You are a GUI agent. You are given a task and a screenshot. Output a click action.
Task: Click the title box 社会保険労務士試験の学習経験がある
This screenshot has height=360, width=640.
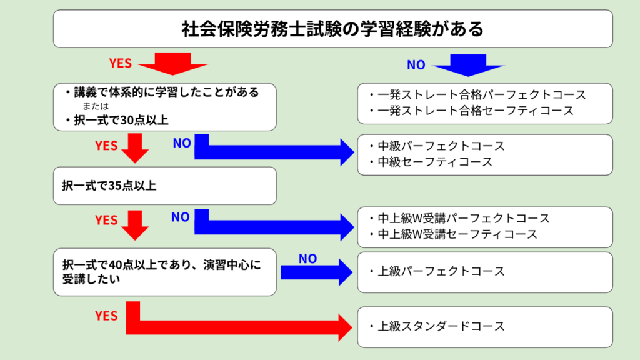(x=332, y=29)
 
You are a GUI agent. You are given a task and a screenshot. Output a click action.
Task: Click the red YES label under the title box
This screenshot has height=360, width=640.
(x=121, y=63)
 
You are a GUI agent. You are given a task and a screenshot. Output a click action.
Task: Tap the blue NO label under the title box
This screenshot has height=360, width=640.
(x=416, y=64)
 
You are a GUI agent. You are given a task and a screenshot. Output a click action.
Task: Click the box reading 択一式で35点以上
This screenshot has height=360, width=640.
(x=165, y=186)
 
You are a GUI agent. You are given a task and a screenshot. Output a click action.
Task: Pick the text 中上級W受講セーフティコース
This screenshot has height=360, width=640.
(x=457, y=234)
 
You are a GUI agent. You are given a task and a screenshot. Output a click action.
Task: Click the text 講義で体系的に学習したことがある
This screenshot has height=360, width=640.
(x=166, y=92)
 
